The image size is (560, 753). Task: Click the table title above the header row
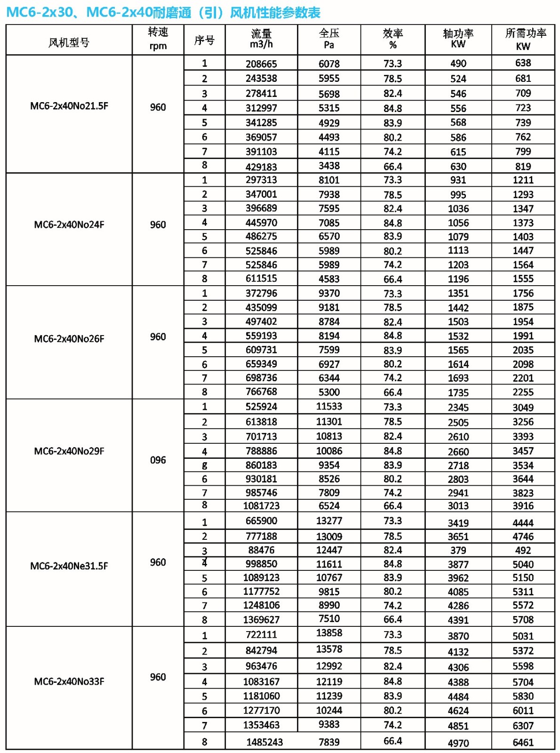tap(163, 12)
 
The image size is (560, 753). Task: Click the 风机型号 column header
tap(69, 42)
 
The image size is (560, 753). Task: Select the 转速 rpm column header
tap(158, 39)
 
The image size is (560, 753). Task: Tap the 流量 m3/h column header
tap(261, 39)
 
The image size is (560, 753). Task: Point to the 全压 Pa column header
tap(329, 39)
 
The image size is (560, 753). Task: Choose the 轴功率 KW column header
tap(458, 39)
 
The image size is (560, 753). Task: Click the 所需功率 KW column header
tap(523, 39)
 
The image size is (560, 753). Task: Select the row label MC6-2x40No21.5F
tap(69, 106)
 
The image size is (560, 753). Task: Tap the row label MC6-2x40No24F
tap(69, 224)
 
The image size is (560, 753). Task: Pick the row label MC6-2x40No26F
tap(69, 339)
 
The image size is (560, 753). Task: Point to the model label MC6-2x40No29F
tap(69, 451)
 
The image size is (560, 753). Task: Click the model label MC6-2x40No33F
tap(69, 681)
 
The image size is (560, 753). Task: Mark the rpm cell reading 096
tap(158, 460)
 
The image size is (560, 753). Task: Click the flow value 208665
tap(261, 64)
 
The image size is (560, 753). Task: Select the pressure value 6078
tap(329, 64)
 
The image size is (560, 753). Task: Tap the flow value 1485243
tap(264, 742)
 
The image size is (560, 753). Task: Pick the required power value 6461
tap(523, 743)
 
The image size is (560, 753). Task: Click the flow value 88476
tap(261, 550)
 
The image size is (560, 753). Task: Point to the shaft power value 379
tap(458, 551)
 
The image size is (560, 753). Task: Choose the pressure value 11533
tap(329, 407)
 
